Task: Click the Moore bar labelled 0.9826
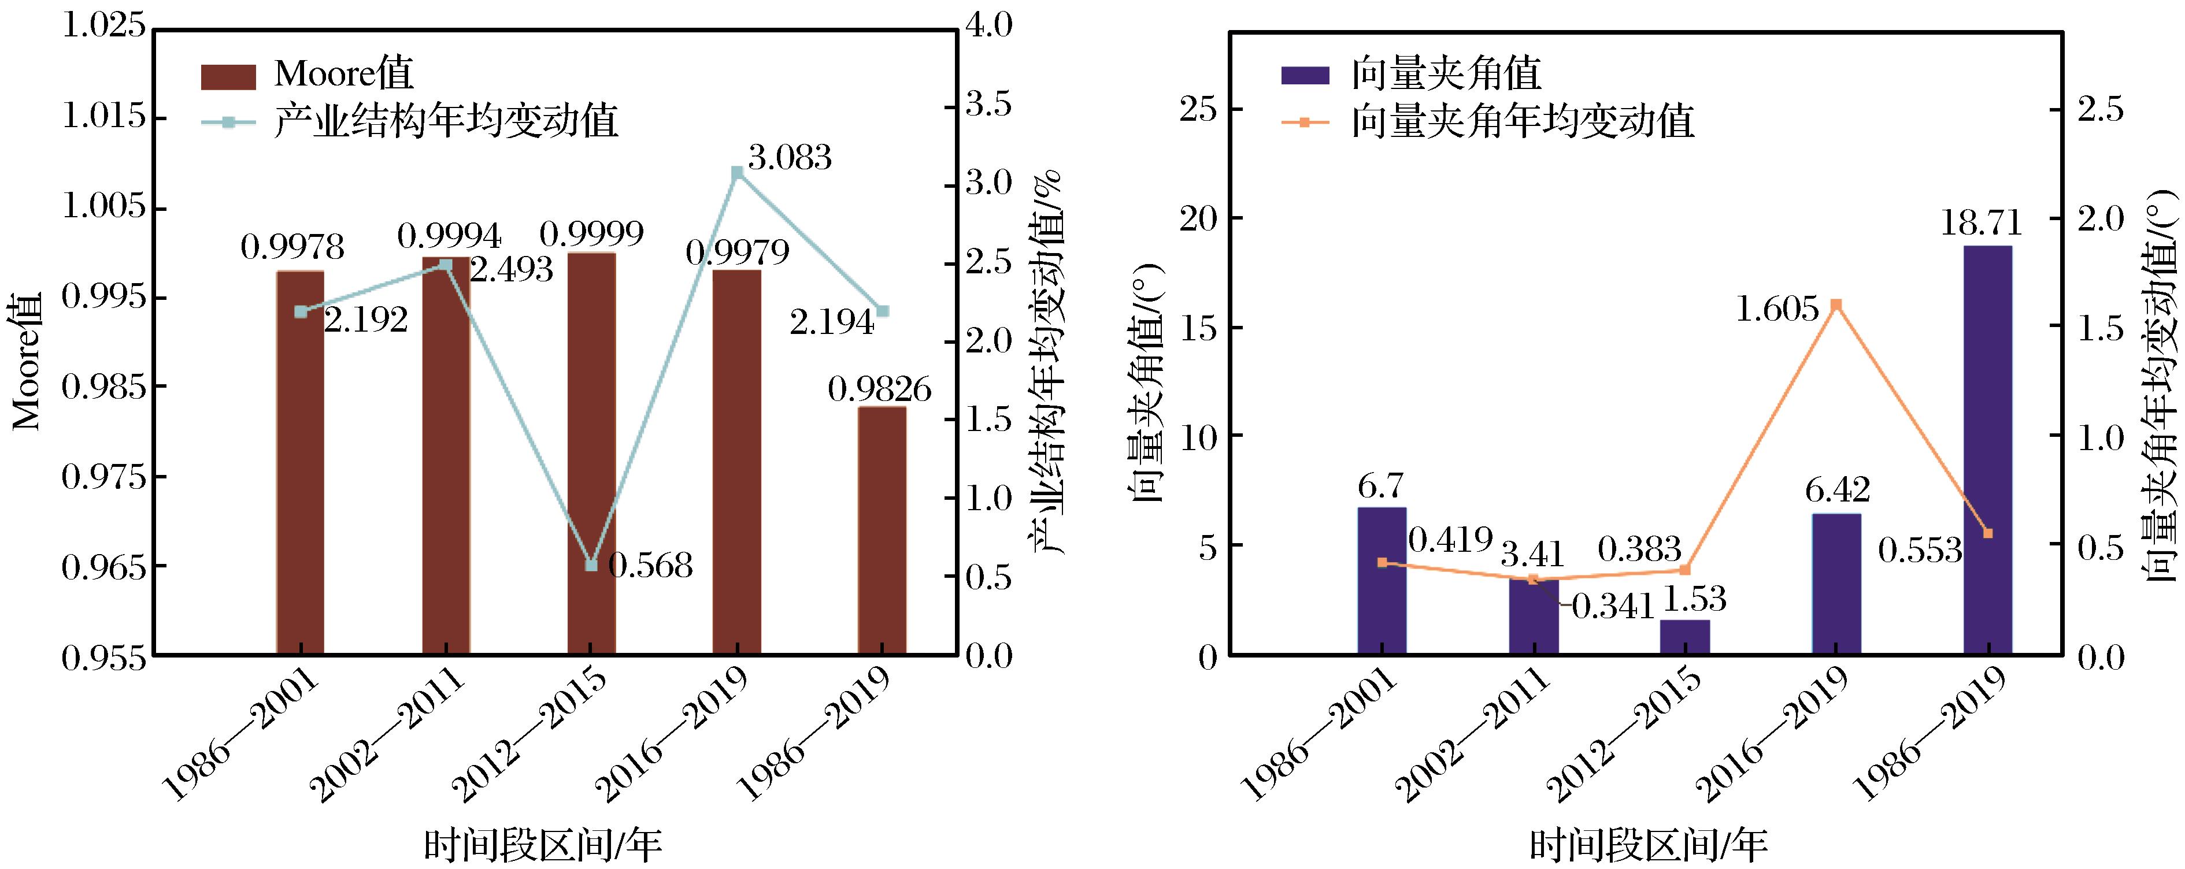882,530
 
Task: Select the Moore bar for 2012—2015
592,454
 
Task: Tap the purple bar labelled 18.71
1987,450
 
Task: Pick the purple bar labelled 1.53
1684,637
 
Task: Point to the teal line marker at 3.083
737,172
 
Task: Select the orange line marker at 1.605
1835,304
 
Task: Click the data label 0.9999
591,233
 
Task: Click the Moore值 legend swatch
227,76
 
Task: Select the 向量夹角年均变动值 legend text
1523,122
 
